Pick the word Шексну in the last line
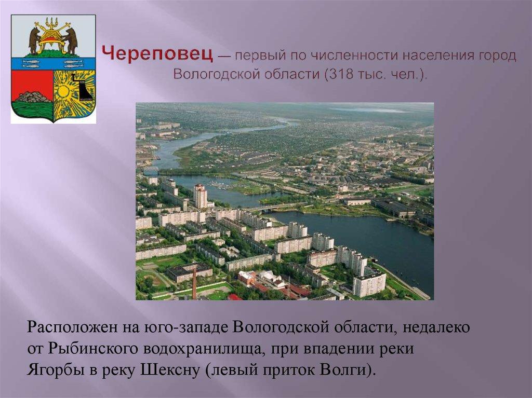click(174, 370)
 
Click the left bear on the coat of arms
click(34, 40)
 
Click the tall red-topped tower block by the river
click(200, 196)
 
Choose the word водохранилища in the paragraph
click(208, 349)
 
